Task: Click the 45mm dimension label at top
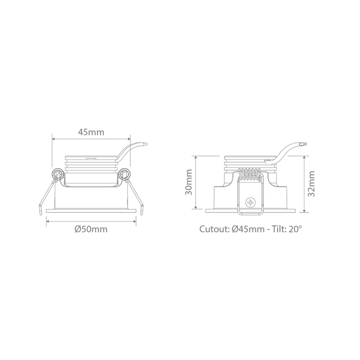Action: (91, 132)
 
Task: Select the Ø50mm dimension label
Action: (91, 229)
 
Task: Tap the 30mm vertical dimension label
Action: (189, 182)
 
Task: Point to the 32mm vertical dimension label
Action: (311, 184)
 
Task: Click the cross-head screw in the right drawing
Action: (250, 203)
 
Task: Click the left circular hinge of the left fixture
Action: (58, 174)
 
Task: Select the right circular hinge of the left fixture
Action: (125, 174)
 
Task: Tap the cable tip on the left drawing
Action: (146, 145)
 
